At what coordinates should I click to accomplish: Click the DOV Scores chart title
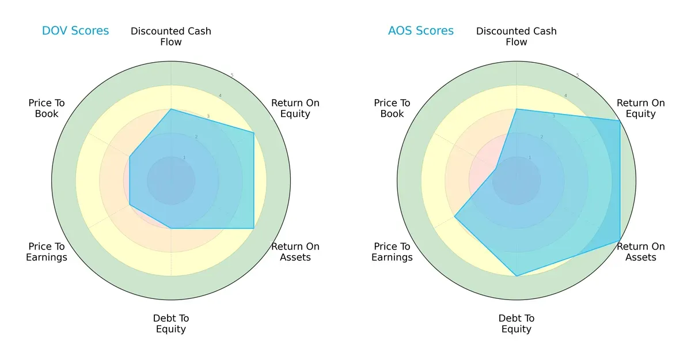tap(75, 31)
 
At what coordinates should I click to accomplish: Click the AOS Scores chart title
tap(420, 31)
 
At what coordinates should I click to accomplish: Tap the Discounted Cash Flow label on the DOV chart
tap(171, 36)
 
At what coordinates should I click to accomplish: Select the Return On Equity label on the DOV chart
tap(295, 108)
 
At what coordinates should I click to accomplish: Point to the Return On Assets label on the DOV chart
tap(295, 252)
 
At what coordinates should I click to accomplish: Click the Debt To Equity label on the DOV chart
tap(171, 324)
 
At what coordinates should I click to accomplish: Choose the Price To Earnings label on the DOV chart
tap(47, 252)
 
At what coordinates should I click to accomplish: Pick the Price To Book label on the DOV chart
tap(47, 108)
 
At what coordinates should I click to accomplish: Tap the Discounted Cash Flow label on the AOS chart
tap(517, 36)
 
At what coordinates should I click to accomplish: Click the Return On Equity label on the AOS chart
tap(640, 108)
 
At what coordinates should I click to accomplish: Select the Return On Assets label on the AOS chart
tap(640, 252)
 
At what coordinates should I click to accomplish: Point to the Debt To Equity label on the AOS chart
tap(517, 324)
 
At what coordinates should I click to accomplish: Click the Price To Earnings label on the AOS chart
tap(392, 252)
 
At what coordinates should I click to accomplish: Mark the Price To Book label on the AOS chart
tap(392, 108)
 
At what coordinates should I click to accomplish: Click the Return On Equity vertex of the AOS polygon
tap(620, 121)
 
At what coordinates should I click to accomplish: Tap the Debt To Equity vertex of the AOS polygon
tap(517, 276)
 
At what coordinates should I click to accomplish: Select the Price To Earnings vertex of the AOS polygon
tap(455, 217)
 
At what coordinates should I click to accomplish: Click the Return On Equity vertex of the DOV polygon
tap(254, 133)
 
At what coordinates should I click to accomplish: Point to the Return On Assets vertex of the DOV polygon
tap(254, 229)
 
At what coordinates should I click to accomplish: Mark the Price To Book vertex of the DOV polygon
tap(130, 157)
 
